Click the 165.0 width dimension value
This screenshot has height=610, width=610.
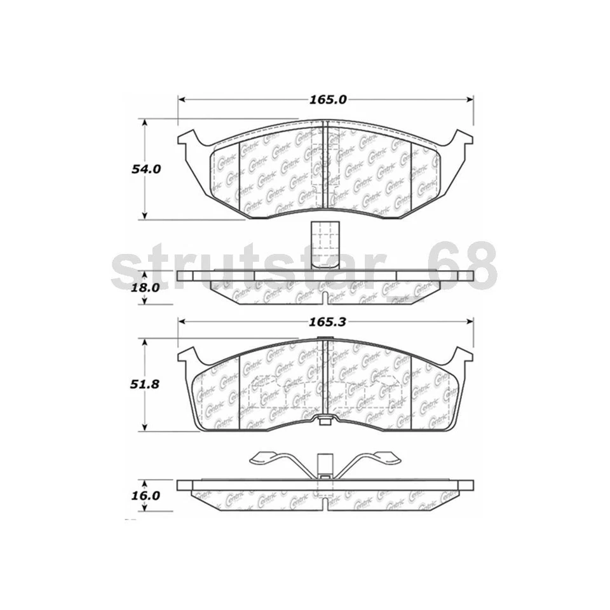326,100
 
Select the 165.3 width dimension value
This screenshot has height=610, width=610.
327,322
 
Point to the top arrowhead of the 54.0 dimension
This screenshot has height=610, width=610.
146,123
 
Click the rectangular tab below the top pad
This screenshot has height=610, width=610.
325,243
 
